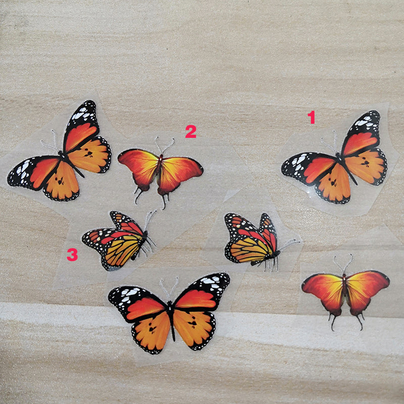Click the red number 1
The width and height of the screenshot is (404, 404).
click(x=312, y=118)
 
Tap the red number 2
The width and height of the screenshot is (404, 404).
click(x=190, y=131)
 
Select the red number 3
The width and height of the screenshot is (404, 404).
click(x=72, y=255)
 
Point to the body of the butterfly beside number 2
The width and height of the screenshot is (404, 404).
click(x=160, y=169)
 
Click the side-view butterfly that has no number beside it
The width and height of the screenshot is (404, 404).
click(x=252, y=240)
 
